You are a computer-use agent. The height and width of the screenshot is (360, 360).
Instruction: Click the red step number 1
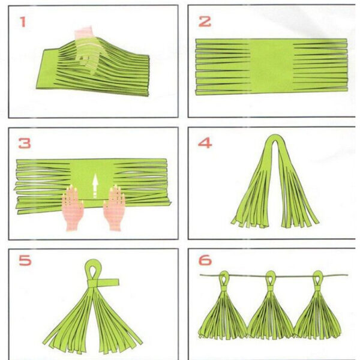click(23, 22)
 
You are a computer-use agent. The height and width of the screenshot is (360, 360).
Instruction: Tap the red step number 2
click(205, 22)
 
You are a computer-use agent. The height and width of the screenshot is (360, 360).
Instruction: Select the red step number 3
click(25, 143)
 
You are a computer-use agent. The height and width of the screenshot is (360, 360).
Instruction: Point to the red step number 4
click(205, 143)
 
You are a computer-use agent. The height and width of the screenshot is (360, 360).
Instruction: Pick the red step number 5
click(25, 260)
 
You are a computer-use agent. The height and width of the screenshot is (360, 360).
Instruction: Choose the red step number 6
click(205, 260)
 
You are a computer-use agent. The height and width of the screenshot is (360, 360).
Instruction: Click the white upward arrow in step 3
click(95, 186)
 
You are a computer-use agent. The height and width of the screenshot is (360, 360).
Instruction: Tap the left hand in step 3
click(73, 208)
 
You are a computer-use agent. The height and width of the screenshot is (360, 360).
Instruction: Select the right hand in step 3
click(114, 208)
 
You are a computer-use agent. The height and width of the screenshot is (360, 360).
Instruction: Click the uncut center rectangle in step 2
click(271, 67)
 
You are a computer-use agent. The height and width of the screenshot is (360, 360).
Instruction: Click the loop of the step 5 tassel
click(93, 269)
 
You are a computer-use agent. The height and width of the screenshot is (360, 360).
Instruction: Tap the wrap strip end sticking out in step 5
click(109, 282)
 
